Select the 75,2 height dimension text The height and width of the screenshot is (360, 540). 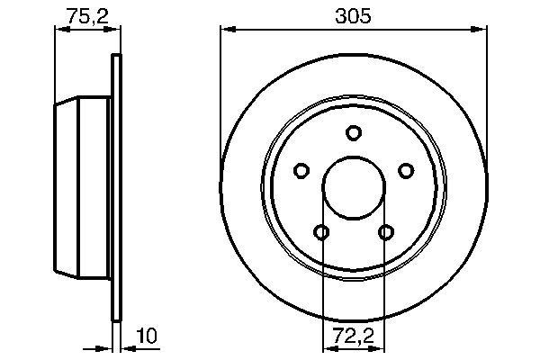tap(85, 14)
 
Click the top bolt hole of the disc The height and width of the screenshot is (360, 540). tap(354, 131)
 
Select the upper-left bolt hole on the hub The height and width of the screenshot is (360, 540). tap(301, 169)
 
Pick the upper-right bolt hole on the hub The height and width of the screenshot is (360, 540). tap(406, 169)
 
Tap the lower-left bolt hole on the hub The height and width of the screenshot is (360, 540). tap(321, 232)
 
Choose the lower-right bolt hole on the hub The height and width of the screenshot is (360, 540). tap(386, 232)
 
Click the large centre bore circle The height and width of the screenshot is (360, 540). tap(354, 187)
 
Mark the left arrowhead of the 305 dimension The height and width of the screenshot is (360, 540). tap(226, 31)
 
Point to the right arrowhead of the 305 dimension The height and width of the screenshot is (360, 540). tap(481, 31)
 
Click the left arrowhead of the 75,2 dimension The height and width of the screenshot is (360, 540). tap(60, 31)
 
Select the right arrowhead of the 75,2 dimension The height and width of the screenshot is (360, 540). tap(114, 31)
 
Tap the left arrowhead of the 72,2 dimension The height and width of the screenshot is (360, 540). tap(327, 347)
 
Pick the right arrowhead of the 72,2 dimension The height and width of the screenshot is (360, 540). tap(381, 347)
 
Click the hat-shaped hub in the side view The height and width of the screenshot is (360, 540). tap(81, 187)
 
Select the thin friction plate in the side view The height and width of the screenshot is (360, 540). tap(115, 187)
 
